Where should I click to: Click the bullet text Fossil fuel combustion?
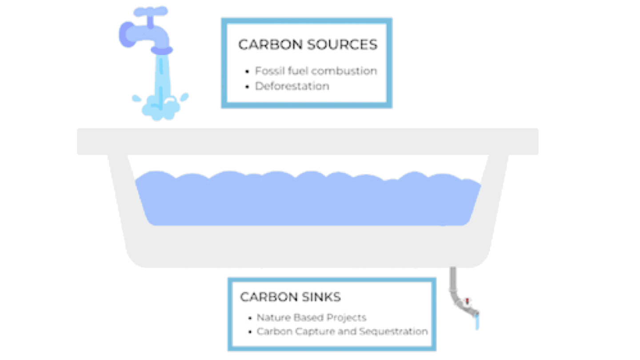pyautogui.click(x=316, y=71)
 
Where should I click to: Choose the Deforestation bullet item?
pyautogui.click(x=292, y=86)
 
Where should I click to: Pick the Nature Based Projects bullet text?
pyautogui.click(x=311, y=318)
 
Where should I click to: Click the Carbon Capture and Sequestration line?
pyautogui.click(x=342, y=332)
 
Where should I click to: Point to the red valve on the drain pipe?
pyautogui.click(x=468, y=301)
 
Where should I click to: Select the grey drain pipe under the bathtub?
pyautogui.click(x=453, y=284)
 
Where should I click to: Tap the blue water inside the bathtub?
pyautogui.click(x=307, y=200)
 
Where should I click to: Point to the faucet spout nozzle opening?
pyautogui.click(x=162, y=51)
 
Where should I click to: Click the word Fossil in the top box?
pyautogui.click(x=268, y=71)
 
